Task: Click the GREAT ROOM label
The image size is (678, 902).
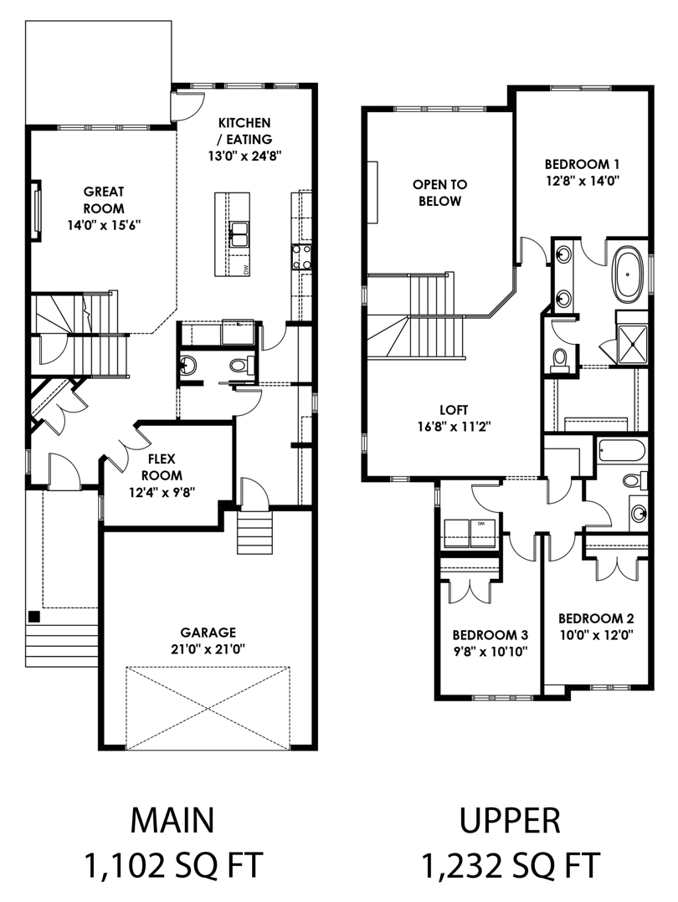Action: point(104,200)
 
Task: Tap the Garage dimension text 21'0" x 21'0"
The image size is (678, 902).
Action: point(208,649)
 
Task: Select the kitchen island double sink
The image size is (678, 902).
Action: point(239,234)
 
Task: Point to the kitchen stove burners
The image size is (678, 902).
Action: point(302,257)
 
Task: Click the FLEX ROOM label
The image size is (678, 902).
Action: point(162,467)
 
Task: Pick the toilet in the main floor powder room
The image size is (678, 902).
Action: point(242,364)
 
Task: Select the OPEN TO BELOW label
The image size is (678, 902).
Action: point(439,192)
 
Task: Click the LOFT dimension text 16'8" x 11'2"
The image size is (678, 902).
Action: point(454,426)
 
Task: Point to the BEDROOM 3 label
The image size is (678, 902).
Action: point(490,635)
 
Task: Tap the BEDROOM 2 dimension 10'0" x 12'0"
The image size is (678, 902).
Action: point(596,635)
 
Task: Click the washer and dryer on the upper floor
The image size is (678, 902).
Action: point(470,533)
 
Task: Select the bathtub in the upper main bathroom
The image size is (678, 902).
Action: point(621,451)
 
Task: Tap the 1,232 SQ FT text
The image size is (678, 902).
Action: point(511,864)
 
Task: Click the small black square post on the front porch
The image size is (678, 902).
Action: point(34,616)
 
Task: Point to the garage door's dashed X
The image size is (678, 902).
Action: point(208,708)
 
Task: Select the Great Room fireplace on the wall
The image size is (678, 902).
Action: point(36,211)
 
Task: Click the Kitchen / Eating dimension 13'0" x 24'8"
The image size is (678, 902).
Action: point(244,156)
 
